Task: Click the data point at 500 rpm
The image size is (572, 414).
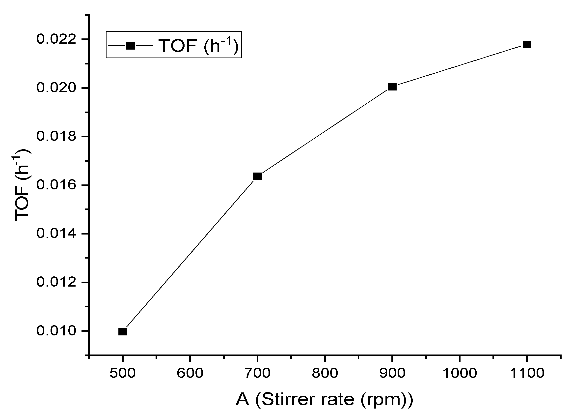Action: pyautogui.click(x=123, y=331)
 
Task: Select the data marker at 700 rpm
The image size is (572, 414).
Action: pyautogui.click(x=257, y=176)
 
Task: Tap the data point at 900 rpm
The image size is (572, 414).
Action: pyautogui.click(x=392, y=87)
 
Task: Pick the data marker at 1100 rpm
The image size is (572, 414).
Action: pyautogui.click(x=527, y=45)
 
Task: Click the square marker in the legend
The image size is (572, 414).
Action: pyautogui.click(x=130, y=46)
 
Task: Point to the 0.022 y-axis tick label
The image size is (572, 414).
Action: pyautogui.click(x=56, y=39)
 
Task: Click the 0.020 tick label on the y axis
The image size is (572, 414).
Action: pyautogui.click(x=56, y=88)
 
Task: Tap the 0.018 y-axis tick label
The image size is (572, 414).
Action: pyautogui.click(x=56, y=136)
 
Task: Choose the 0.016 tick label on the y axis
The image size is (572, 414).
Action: pyautogui.click(x=56, y=185)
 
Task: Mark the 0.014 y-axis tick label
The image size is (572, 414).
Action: pyautogui.click(x=56, y=234)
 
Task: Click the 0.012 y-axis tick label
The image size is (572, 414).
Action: pyautogui.click(x=56, y=282)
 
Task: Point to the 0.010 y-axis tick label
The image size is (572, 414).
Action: pyautogui.click(x=56, y=331)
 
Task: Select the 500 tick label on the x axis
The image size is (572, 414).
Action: pyautogui.click(x=123, y=373)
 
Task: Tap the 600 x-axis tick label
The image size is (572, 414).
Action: pyautogui.click(x=190, y=373)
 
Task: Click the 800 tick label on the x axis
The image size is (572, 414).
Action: pyautogui.click(x=325, y=373)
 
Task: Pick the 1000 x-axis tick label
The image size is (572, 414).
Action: pyautogui.click(x=460, y=373)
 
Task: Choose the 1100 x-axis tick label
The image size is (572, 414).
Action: pyautogui.click(x=527, y=373)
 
